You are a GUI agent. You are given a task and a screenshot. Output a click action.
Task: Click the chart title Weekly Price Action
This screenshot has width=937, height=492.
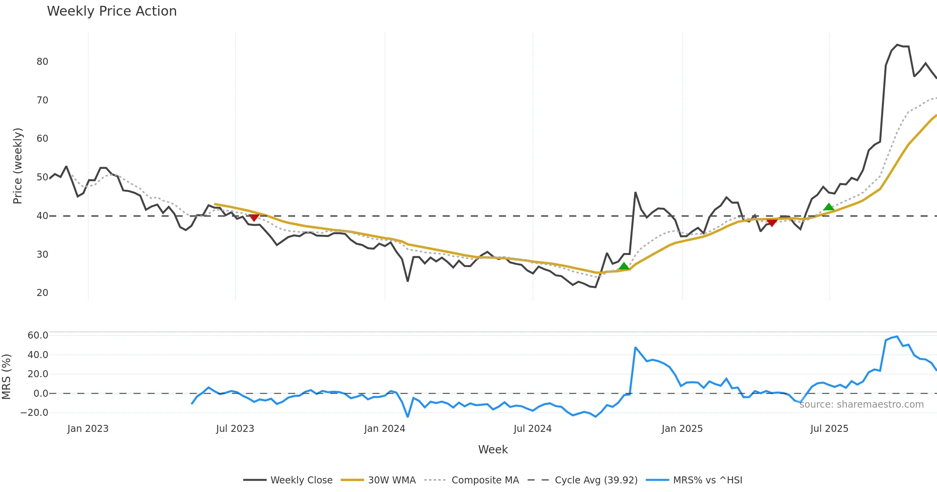112,11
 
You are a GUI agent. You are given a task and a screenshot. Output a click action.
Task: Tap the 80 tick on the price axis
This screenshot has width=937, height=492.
42,62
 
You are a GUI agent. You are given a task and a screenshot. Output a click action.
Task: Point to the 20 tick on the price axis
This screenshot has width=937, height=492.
42,293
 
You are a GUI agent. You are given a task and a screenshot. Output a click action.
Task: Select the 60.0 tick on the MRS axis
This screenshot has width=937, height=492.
38,335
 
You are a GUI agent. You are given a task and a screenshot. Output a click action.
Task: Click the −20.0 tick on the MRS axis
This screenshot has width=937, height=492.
34,413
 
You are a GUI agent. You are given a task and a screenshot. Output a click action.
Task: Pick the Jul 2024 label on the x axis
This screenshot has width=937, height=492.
533,429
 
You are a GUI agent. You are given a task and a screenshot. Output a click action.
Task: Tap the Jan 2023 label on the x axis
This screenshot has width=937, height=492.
88,429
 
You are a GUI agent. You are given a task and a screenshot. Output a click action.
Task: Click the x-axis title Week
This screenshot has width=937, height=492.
493,450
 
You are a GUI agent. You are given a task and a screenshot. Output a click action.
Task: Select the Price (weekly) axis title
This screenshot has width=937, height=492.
18,166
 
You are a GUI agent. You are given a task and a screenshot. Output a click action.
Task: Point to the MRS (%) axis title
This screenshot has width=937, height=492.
7,377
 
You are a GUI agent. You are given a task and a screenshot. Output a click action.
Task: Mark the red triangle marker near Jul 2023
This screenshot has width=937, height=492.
254,217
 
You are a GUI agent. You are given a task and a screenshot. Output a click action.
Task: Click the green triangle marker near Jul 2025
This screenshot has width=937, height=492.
828,207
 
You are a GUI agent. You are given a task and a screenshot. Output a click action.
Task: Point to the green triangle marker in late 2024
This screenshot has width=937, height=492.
624,266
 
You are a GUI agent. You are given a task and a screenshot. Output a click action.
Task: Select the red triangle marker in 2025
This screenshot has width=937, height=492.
772,222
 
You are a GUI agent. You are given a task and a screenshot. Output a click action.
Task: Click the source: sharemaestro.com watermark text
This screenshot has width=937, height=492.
861,405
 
